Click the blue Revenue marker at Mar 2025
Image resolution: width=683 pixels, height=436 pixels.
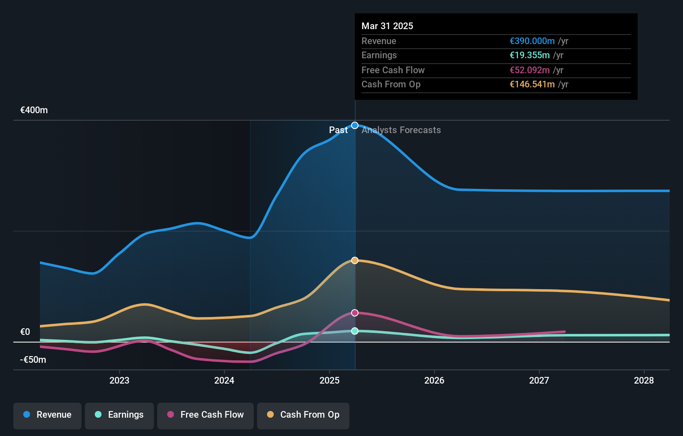[355, 125]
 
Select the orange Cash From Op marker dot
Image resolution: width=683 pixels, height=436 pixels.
[355, 260]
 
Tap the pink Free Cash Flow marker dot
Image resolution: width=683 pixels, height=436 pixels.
[355, 313]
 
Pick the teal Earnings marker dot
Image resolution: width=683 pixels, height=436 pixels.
[355, 331]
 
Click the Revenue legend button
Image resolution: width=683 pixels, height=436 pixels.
[47, 415]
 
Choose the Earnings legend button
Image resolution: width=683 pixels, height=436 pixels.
[119, 415]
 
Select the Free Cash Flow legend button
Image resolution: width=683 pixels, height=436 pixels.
[205, 415]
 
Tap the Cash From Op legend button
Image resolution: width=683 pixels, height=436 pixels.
[303, 415]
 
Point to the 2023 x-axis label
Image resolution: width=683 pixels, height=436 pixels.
[119, 380]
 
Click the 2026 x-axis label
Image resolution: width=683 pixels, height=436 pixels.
[434, 380]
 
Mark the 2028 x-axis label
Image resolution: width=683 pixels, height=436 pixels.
[644, 380]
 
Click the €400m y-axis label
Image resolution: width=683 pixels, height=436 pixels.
[34, 110]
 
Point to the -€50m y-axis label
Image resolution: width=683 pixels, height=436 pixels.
[33, 359]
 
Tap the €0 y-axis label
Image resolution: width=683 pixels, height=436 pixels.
[25, 332]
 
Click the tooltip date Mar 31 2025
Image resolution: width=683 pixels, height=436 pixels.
[387, 26]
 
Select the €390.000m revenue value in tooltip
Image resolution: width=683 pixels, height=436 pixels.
[532, 41]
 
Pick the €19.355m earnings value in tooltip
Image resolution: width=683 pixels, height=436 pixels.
[530, 55]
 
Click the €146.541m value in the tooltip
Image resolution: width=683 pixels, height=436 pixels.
[532, 84]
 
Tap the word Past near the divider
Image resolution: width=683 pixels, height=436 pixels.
[338, 130]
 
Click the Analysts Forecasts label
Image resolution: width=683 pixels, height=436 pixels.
[401, 130]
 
